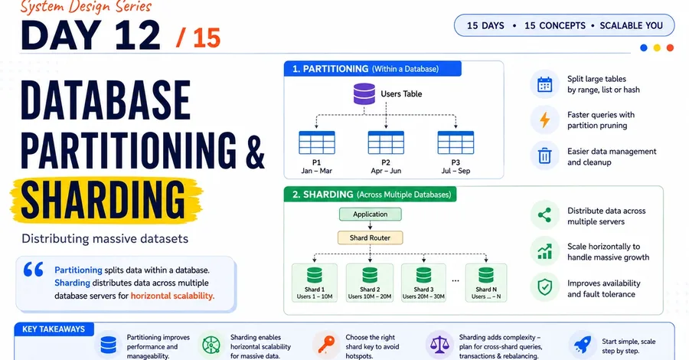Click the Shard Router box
pos(370,237)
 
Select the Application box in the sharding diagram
pos(370,214)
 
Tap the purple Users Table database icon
pos(364,93)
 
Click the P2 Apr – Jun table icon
pos(386,142)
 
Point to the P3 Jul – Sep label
pos(456,166)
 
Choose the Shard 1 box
pos(315,283)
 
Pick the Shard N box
pos(486,283)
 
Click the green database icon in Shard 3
pos(423,275)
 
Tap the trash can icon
pos(545,155)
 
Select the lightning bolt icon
pos(545,119)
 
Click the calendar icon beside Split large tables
pos(545,84)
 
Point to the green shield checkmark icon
pos(545,287)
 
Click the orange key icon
pos(326,344)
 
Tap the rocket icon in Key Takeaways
pos(581,344)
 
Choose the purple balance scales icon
pos(439,345)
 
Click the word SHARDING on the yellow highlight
pos(103,200)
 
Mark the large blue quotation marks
pos(34,269)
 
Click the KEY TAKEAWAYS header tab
pos(54,329)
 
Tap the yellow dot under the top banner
pos(657,48)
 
